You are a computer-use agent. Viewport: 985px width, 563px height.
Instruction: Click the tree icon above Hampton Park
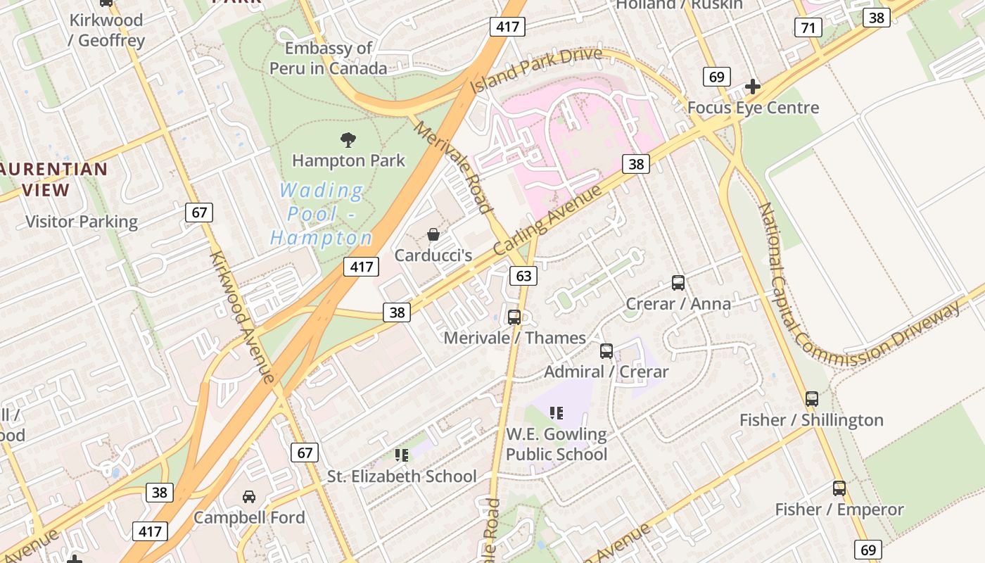[x=348, y=139]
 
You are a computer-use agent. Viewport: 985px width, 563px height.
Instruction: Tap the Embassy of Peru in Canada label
[x=329, y=58]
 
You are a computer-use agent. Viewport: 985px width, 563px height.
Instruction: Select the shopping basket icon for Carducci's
[x=433, y=234]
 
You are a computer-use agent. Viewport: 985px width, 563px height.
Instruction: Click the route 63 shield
[x=524, y=276]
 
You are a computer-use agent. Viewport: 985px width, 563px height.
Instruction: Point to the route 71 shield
[x=808, y=27]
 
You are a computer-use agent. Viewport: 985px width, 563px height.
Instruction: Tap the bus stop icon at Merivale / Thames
[x=514, y=317]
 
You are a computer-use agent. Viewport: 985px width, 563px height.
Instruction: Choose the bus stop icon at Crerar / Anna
[x=678, y=283]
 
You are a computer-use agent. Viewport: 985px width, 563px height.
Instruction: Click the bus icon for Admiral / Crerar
[x=606, y=350]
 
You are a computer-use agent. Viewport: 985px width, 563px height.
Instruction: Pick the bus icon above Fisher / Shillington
[x=812, y=399]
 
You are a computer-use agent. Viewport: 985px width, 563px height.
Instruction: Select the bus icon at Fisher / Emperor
[x=839, y=488]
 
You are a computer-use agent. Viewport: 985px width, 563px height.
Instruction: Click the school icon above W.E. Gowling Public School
[x=557, y=413]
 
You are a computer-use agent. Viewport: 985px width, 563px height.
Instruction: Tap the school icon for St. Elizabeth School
[x=402, y=455]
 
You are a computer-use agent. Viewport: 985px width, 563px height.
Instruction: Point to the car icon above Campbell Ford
[x=249, y=497]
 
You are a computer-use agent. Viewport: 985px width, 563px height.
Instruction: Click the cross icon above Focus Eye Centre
[x=753, y=87]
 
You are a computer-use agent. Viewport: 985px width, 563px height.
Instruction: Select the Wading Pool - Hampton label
[x=322, y=214]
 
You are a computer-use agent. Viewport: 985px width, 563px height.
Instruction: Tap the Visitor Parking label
[x=82, y=222]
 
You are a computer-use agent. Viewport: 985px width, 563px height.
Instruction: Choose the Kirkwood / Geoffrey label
[x=106, y=30]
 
